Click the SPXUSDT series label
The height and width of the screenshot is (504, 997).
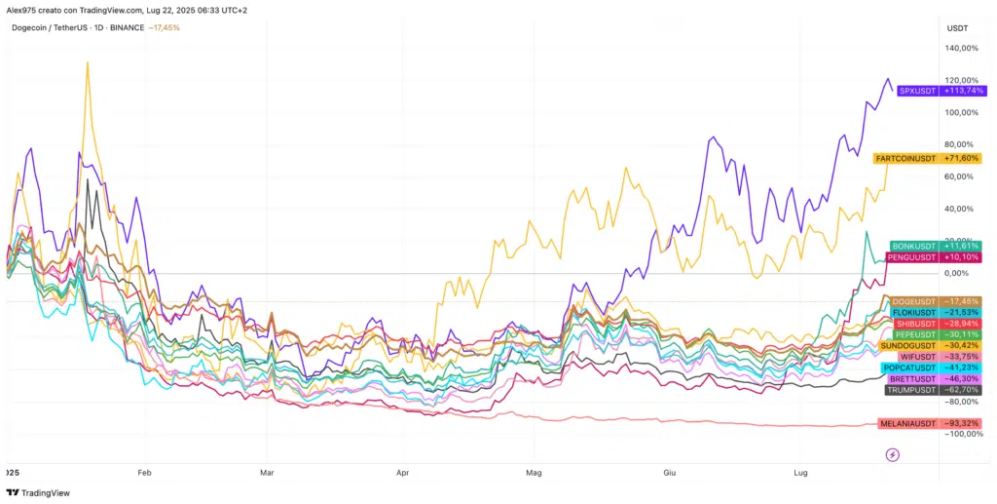point(917,91)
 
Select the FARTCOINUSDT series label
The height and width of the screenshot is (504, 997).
point(905,158)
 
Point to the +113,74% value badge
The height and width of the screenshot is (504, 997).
point(961,91)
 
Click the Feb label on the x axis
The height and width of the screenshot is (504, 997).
point(145,472)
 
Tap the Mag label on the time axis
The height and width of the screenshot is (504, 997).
point(534,472)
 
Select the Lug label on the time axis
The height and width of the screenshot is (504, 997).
point(800,472)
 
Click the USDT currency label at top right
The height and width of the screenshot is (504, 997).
point(957,28)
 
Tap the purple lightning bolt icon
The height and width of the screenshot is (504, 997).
point(892,454)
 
